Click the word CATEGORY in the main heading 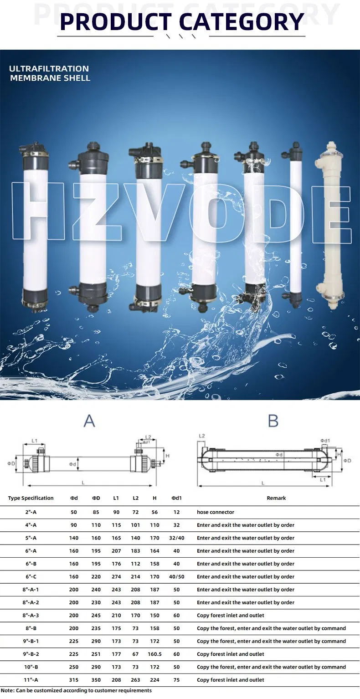click(x=241, y=21)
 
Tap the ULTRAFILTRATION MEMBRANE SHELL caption click(x=50, y=73)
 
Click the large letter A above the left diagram click(x=89, y=421)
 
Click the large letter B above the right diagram click(x=273, y=421)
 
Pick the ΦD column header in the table click(x=96, y=498)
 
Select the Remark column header click(x=276, y=498)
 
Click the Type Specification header click(x=31, y=498)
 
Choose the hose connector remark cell click(x=216, y=512)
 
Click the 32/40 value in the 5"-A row click(x=176, y=538)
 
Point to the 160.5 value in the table click(x=154, y=654)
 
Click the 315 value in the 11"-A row click(x=74, y=680)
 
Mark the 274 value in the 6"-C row click(x=116, y=576)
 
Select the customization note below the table click(x=77, y=690)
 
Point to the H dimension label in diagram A click(x=167, y=456)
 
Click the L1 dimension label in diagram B click(x=323, y=480)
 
